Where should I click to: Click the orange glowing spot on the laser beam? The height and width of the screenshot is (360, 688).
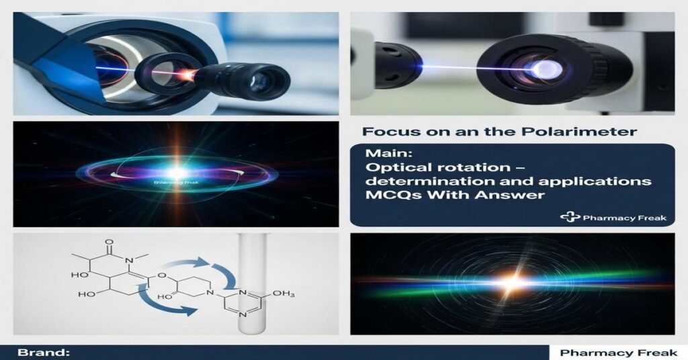coord(190,72)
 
